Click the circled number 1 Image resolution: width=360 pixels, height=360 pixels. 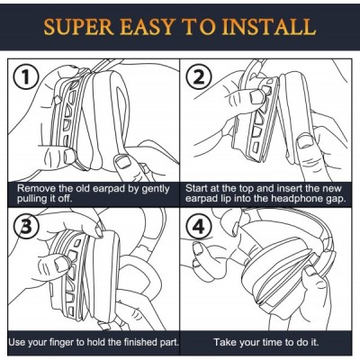[x=26, y=77]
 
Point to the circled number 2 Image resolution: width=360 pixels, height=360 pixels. [x=199, y=77]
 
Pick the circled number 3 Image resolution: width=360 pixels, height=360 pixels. [x=27, y=227]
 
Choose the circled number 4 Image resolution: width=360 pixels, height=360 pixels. [x=199, y=227]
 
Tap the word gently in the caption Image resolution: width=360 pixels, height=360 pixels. [x=156, y=189]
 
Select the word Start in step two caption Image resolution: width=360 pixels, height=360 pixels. [x=196, y=188]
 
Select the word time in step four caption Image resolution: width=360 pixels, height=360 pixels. [x=273, y=342]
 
